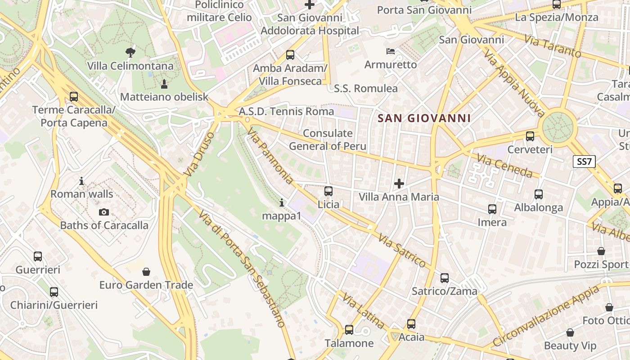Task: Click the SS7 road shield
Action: tap(584, 162)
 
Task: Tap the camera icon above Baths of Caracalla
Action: tap(104, 212)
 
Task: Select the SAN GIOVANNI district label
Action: tap(424, 118)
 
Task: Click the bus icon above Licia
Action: tap(328, 191)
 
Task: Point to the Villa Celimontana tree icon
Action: tap(130, 52)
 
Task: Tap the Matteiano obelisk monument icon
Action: tap(164, 84)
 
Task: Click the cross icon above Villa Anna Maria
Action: tap(399, 183)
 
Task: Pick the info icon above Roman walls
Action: tap(81, 181)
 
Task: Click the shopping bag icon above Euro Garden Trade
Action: tap(146, 272)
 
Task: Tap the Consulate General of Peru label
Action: tap(328, 139)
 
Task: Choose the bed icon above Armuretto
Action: tap(391, 51)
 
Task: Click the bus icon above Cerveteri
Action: tap(530, 136)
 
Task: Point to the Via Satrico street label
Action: tap(402, 251)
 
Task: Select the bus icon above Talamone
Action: tap(349, 330)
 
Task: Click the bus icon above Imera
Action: tap(492, 209)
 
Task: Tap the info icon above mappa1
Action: tap(282, 202)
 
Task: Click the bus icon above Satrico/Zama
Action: tap(445, 278)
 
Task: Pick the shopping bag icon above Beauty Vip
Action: tap(570, 333)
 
